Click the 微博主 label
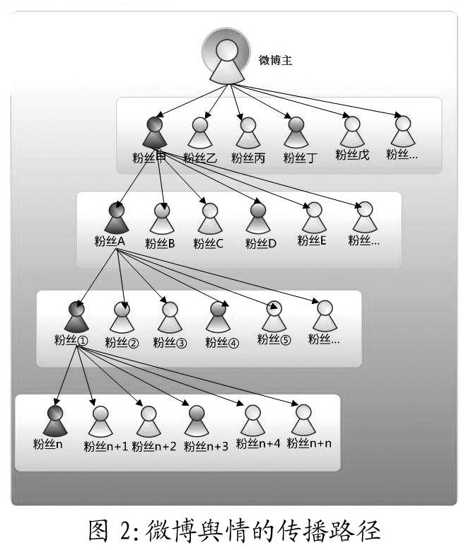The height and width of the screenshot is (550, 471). [x=275, y=60]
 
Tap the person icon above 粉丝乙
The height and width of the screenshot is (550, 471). [x=200, y=133]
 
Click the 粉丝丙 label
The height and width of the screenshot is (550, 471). [x=248, y=158]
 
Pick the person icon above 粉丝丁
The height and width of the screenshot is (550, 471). [x=296, y=132]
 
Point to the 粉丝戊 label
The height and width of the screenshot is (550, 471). [x=352, y=155]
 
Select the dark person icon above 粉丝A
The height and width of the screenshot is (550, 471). [x=117, y=218]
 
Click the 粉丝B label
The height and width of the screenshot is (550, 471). [x=160, y=243]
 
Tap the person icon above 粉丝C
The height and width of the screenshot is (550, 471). [x=210, y=218]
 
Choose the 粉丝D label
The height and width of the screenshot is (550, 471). [x=261, y=243]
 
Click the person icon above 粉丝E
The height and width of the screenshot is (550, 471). [x=314, y=218]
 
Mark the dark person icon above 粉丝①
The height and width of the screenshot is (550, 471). [x=76, y=317]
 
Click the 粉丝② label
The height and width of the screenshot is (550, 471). [x=122, y=342]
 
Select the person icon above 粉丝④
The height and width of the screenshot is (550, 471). [x=218, y=317]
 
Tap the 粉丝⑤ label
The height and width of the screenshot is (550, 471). [x=274, y=339]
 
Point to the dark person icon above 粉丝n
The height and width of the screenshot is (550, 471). [x=54, y=421]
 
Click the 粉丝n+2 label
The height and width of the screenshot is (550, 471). [x=154, y=446]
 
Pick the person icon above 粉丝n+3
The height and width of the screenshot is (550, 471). [x=197, y=421]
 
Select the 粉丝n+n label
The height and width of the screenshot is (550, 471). [x=309, y=443]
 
